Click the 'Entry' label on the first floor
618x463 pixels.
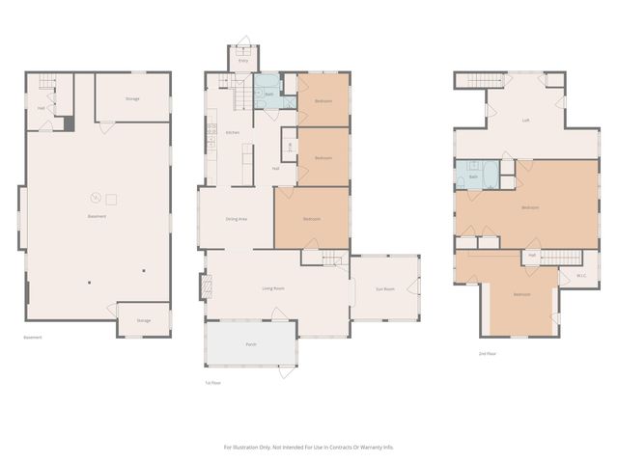[243, 61]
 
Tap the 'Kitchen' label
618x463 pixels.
[232, 132]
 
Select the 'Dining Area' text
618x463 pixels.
[236, 220]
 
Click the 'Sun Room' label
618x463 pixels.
[385, 288]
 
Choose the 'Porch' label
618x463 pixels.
[250, 344]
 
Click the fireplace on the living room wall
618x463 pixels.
[205, 286]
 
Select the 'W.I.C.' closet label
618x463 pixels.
[581, 277]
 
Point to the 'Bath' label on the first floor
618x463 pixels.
[267, 94]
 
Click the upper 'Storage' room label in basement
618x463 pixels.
[133, 99]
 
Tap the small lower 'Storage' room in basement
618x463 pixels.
[143, 320]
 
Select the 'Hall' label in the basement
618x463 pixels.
[42, 108]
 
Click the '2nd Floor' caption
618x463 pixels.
[488, 354]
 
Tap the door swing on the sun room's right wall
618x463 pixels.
[414, 286]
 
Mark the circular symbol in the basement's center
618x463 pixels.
[95, 198]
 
